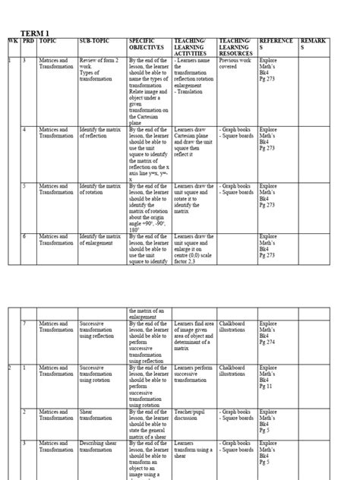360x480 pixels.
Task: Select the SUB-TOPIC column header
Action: [x=97, y=40]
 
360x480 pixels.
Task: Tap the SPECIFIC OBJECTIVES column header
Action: [x=147, y=45]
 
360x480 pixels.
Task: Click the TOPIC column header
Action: [x=49, y=40]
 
